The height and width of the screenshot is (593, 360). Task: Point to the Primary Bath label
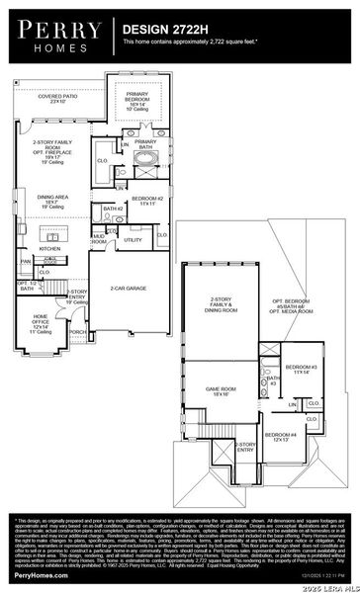pyautogui.click(x=145, y=145)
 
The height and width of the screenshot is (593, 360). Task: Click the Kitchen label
pyautogui.click(x=49, y=249)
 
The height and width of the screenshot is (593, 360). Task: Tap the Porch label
pyautogui.click(x=76, y=332)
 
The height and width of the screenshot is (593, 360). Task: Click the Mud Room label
pyautogui.click(x=100, y=239)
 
